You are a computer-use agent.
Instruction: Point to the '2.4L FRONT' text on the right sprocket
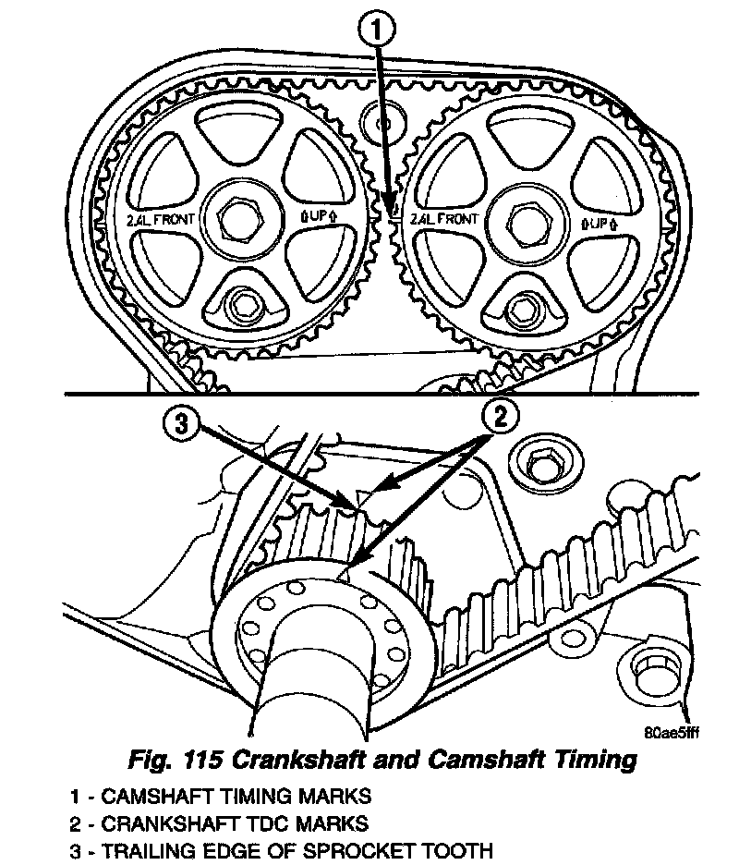pos(444,219)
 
